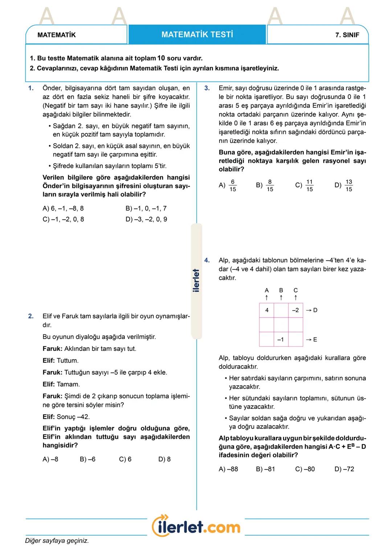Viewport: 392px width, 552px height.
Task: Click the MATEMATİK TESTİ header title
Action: tap(197, 35)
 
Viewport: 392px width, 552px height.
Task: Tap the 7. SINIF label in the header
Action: tap(347, 35)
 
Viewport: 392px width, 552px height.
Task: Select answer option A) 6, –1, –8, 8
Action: tap(63, 209)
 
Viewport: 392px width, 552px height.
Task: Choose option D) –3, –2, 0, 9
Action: tap(146, 219)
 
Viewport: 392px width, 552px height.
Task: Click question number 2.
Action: tap(31, 316)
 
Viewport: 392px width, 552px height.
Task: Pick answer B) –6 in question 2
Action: tap(87, 460)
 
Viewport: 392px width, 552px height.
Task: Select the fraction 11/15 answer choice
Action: tap(305, 185)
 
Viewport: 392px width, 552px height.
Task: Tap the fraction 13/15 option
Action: tap(344, 185)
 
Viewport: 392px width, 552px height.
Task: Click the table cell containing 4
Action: tap(267, 310)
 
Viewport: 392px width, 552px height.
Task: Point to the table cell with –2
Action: tap(295, 310)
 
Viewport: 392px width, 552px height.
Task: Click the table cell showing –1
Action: tap(281, 340)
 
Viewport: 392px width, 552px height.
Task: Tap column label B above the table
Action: tap(281, 291)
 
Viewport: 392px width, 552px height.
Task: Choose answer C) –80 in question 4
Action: tap(305, 469)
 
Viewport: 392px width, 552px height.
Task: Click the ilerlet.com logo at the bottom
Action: tap(196, 526)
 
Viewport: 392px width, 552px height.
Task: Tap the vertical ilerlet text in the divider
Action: tap(196, 280)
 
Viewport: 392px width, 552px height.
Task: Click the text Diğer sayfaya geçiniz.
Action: tap(57, 541)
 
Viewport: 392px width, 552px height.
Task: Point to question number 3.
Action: tap(207, 88)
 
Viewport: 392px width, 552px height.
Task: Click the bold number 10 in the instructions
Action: tap(161, 58)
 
